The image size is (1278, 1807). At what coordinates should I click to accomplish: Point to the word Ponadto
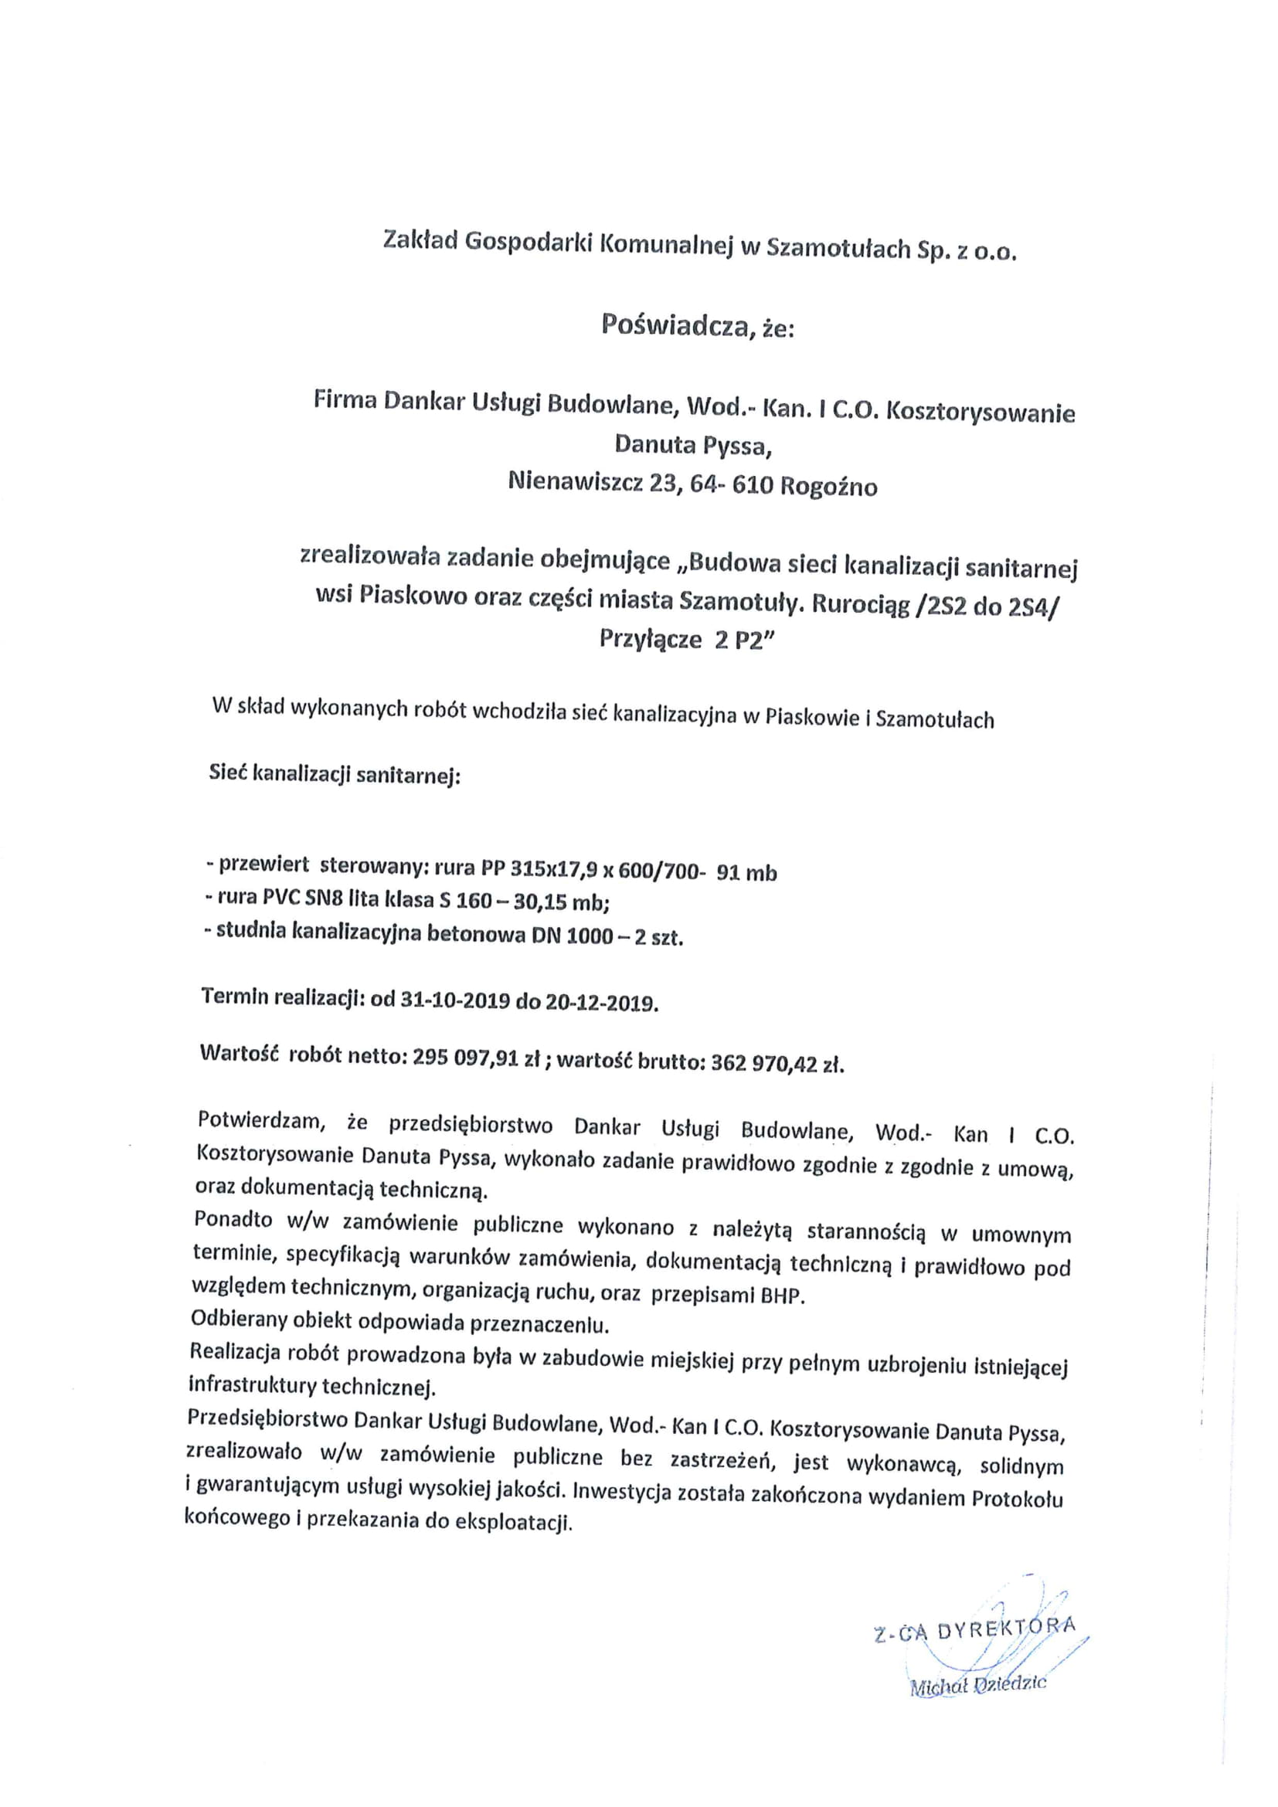pyautogui.click(x=233, y=1221)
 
